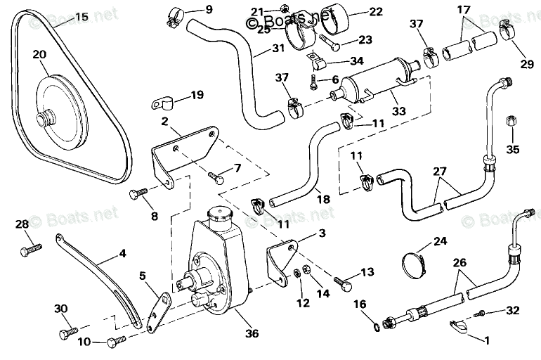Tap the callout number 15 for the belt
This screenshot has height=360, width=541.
tap(82, 15)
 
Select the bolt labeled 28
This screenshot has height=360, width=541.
tap(32, 247)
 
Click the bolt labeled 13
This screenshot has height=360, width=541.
tap(344, 283)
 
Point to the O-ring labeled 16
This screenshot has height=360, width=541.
tap(377, 325)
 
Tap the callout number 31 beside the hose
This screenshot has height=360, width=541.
tap(259, 50)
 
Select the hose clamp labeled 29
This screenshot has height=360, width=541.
tap(503, 30)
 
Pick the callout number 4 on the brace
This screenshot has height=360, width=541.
tap(122, 252)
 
